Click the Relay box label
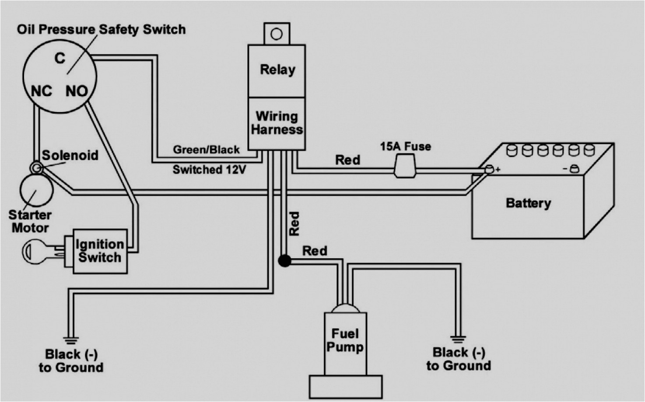277,69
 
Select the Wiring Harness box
277,123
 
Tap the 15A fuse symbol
405,167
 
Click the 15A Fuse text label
405,146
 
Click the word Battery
528,203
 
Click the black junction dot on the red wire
284,261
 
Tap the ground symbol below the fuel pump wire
457,339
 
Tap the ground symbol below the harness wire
70,340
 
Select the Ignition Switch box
100,251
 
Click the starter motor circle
36,190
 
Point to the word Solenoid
70,155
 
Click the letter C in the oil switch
60,58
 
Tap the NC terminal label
41,91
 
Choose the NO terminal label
76,91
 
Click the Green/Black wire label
206,150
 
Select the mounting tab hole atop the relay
277,34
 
